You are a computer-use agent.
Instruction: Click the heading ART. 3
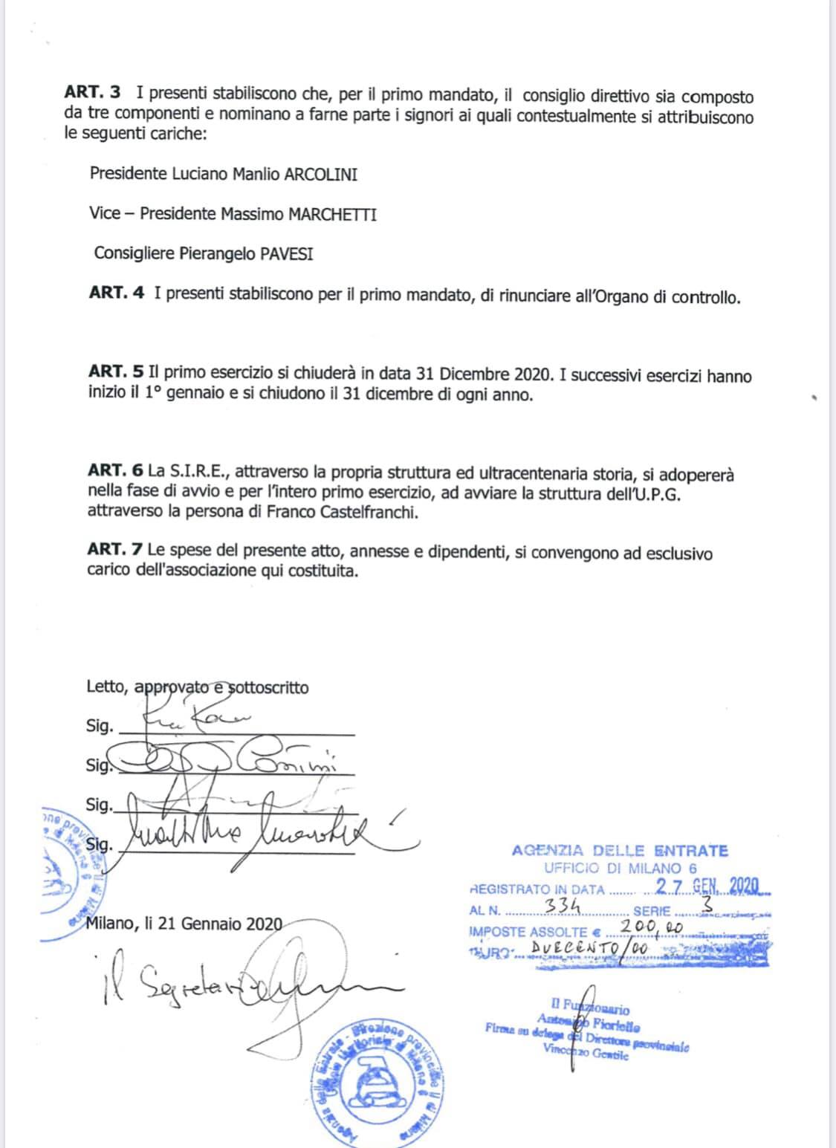tap(92, 93)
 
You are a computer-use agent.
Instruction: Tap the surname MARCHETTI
tap(332, 214)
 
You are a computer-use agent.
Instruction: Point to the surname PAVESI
tap(286, 253)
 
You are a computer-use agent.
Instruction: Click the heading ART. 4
tap(117, 293)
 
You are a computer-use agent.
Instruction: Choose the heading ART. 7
tap(115, 551)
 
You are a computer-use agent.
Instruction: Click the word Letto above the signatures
tap(106, 687)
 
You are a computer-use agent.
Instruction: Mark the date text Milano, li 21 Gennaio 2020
tap(184, 924)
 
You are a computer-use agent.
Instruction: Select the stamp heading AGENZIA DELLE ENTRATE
tap(620, 851)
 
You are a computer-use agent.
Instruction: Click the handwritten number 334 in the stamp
tap(562, 906)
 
